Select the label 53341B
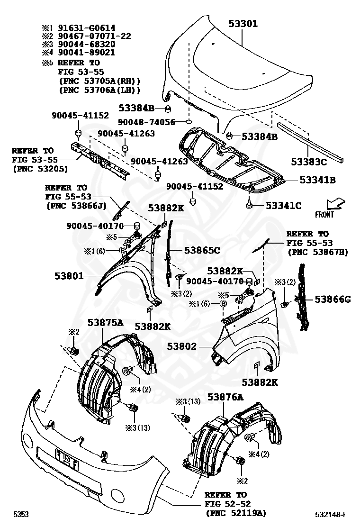click(317, 180)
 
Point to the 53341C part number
click(283, 205)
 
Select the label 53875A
click(105, 323)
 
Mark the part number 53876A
click(225, 397)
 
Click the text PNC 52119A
click(236, 512)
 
